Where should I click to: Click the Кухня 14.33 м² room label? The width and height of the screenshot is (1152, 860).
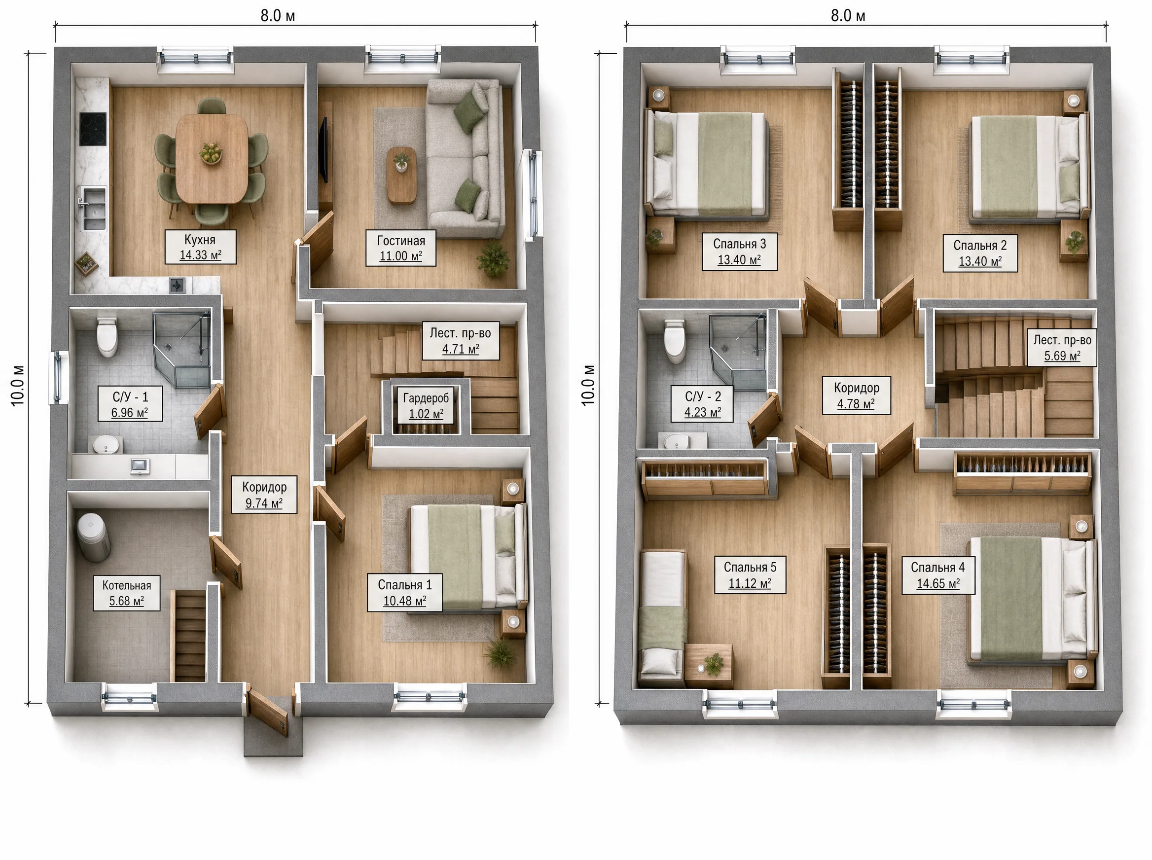click(x=200, y=247)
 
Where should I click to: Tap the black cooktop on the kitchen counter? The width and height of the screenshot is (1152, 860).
click(x=93, y=129)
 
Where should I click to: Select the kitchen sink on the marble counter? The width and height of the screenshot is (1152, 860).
click(x=93, y=208)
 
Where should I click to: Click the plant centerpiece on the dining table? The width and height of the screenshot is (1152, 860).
click(x=211, y=152)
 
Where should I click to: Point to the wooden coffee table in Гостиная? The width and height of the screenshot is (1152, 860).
click(x=401, y=175)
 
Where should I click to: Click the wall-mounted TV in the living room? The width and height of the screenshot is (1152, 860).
click(x=324, y=150)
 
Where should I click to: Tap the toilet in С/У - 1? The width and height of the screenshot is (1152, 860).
click(x=107, y=337)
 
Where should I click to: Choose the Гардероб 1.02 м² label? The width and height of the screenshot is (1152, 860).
click(x=426, y=406)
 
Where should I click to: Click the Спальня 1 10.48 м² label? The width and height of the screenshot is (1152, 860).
click(x=405, y=592)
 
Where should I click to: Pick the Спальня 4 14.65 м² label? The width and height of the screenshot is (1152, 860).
click(x=938, y=575)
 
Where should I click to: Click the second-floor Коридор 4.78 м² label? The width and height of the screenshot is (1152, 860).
click(x=856, y=395)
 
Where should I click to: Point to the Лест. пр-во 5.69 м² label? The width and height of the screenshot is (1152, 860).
click(x=1062, y=348)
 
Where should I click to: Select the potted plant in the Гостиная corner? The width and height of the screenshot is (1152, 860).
click(x=493, y=259)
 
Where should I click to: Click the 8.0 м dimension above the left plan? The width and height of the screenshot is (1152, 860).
click(x=278, y=16)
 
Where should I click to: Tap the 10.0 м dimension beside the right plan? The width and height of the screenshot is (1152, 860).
click(x=588, y=385)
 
